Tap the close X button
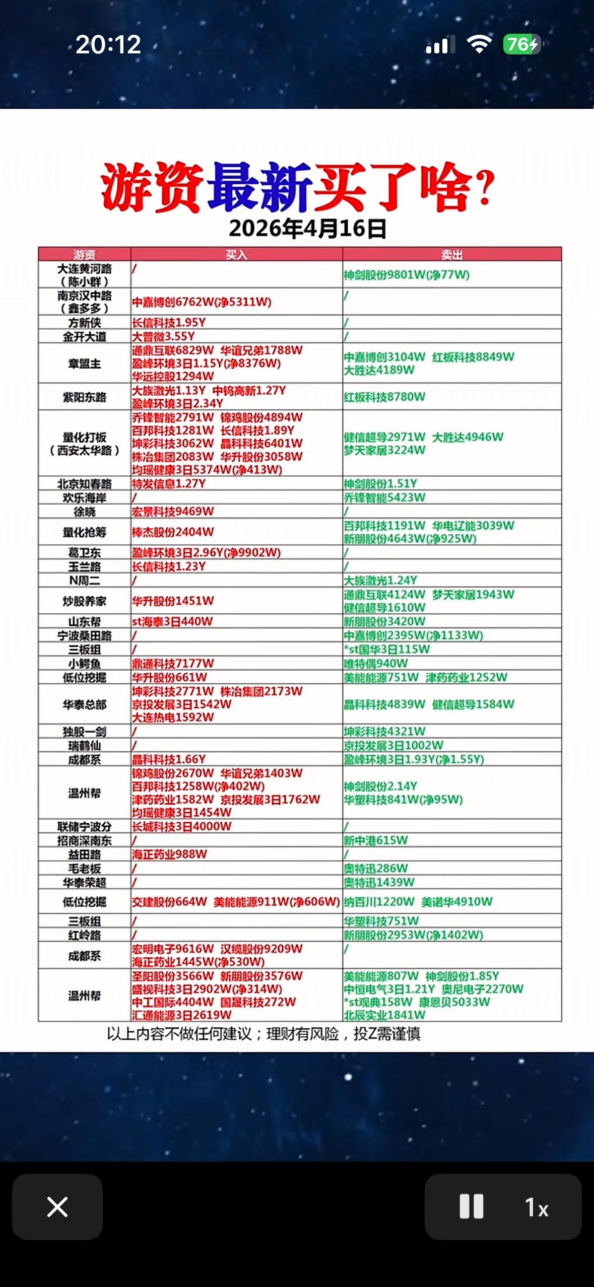(x=57, y=1207)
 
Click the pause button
(x=471, y=1206)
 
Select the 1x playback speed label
(x=537, y=1207)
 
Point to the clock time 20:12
(x=108, y=45)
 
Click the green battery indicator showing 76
(x=521, y=45)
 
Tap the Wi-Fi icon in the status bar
(x=479, y=45)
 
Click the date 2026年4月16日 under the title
(x=307, y=229)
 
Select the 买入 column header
(x=236, y=255)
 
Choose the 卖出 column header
(x=451, y=255)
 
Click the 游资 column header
(x=84, y=255)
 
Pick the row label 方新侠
(x=84, y=323)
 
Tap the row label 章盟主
(x=84, y=364)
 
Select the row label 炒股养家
(x=84, y=601)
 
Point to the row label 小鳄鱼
(x=84, y=664)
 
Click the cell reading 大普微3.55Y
(x=163, y=336)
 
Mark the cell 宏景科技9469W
(x=173, y=512)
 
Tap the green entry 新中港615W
(x=376, y=840)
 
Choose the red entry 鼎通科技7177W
(x=173, y=664)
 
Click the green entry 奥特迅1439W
(x=379, y=882)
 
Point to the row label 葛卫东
(x=84, y=553)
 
